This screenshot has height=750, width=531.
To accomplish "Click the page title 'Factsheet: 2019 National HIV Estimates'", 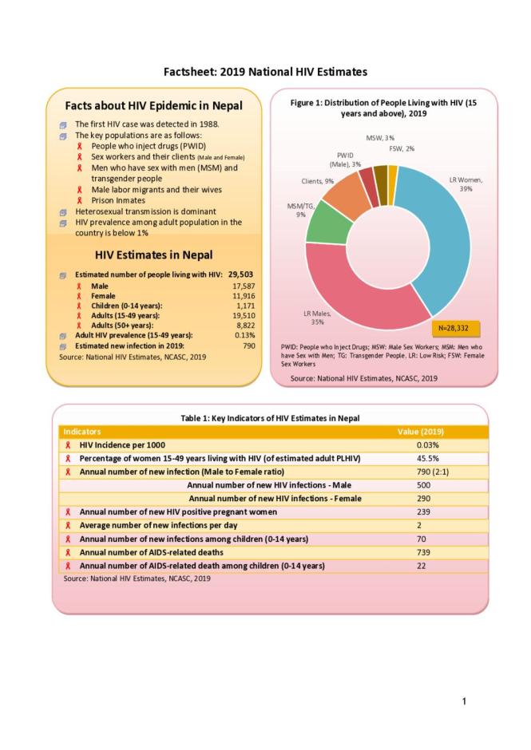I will click(x=265, y=72).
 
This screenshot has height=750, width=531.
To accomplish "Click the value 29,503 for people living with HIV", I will click(x=240, y=274).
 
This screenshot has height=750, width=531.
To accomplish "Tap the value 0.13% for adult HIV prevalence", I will click(x=245, y=335).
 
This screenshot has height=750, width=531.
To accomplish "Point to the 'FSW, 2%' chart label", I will click(x=401, y=148).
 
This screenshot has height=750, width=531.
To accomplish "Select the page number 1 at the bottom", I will click(x=464, y=701).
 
